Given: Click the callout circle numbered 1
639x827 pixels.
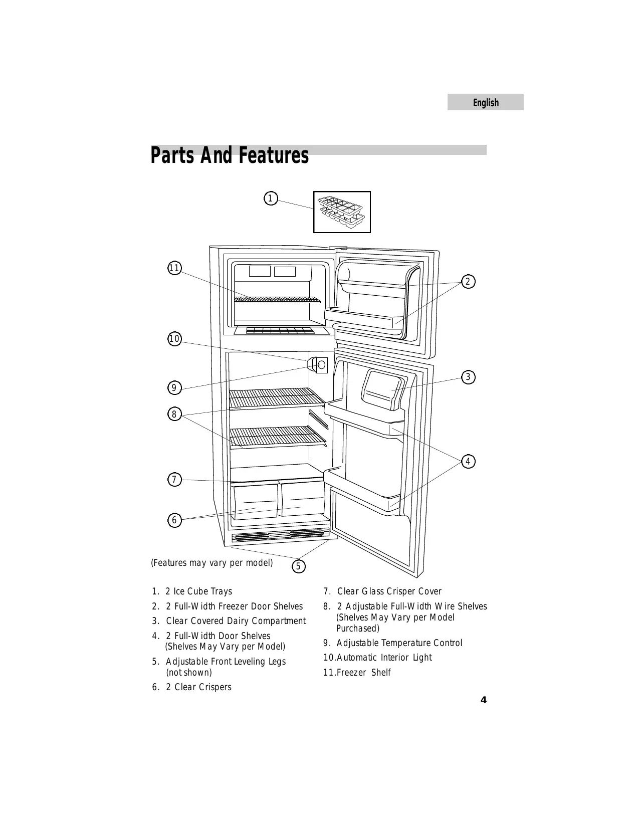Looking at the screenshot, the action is pyautogui.click(x=270, y=198).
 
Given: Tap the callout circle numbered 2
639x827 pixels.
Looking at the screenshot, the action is pyautogui.click(x=468, y=282).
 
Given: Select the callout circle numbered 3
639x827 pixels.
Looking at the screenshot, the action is pyautogui.click(x=468, y=377).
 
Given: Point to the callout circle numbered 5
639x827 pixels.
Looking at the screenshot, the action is pyautogui.click(x=298, y=566).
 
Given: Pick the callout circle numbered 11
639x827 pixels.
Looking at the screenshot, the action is pyautogui.click(x=174, y=268).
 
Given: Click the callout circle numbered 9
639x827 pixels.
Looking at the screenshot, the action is pyautogui.click(x=174, y=387).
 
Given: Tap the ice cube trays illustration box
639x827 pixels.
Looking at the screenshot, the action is pyautogui.click(x=342, y=212).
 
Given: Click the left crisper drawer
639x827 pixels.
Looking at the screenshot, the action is pyautogui.click(x=256, y=501).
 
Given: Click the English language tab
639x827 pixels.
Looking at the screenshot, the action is pyautogui.click(x=485, y=102).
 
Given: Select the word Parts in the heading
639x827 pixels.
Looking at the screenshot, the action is pyautogui.click(x=173, y=155).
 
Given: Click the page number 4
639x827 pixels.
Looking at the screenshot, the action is pyautogui.click(x=483, y=700).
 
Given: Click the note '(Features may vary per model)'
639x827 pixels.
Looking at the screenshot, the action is pyautogui.click(x=212, y=562).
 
